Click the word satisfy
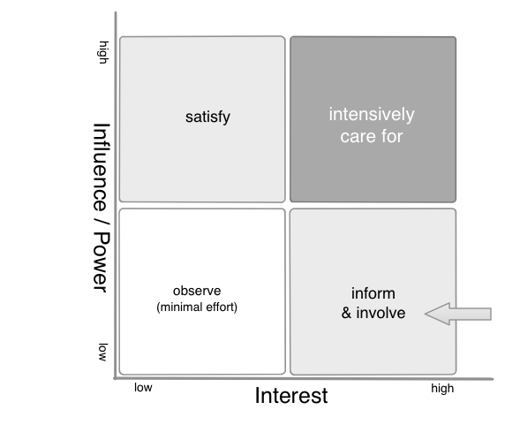(207, 118)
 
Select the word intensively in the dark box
(372, 115)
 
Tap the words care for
(372, 137)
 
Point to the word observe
(197, 291)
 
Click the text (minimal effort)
(197, 307)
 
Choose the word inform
(373, 293)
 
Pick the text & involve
(373, 313)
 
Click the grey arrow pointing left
(458, 314)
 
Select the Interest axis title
(291, 396)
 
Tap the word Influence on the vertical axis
(102, 167)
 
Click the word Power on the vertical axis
(102, 262)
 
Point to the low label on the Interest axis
(143, 388)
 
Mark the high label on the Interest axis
(442, 389)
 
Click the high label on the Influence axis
(103, 52)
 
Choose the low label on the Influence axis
(102, 353)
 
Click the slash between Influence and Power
(102, 223)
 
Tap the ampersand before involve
(346, 313)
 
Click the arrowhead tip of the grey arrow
(426, 314)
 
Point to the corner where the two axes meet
(116, 378)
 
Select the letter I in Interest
(257, 395)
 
